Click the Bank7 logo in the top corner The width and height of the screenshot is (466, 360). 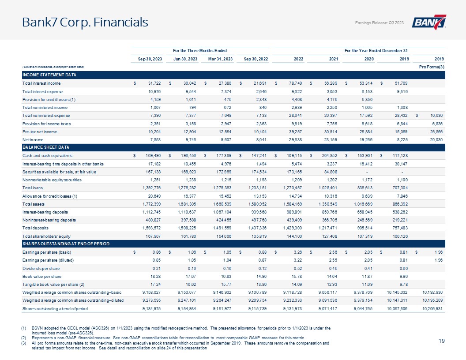tap(429, 22)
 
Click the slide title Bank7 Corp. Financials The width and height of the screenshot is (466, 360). tap(85, 22)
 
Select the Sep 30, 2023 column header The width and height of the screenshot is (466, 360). tap(150, 59)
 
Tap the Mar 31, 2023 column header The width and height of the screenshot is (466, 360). tap(220, 59)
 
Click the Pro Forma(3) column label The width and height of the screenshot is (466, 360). tap(432, 67)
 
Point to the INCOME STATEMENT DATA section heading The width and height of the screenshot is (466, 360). tap(49, 75)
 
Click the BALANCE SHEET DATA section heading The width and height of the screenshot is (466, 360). tap(46, 147)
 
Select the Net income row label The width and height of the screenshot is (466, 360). tap(33, 139)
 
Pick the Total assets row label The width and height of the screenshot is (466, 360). tap(33, 204)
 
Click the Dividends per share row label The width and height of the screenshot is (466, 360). tap(41, 269)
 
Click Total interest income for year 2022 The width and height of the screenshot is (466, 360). tap(296, 83)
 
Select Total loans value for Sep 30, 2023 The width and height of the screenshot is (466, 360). tap(152, 188)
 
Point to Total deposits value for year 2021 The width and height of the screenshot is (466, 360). tap(328, 228)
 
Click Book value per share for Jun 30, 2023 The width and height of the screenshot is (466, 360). tap(191, 277)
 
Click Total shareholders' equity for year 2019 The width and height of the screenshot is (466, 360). tap(400, 236)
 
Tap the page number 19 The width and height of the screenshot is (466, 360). tap(442, 341)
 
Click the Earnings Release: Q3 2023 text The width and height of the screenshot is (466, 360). tap(380, 23)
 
